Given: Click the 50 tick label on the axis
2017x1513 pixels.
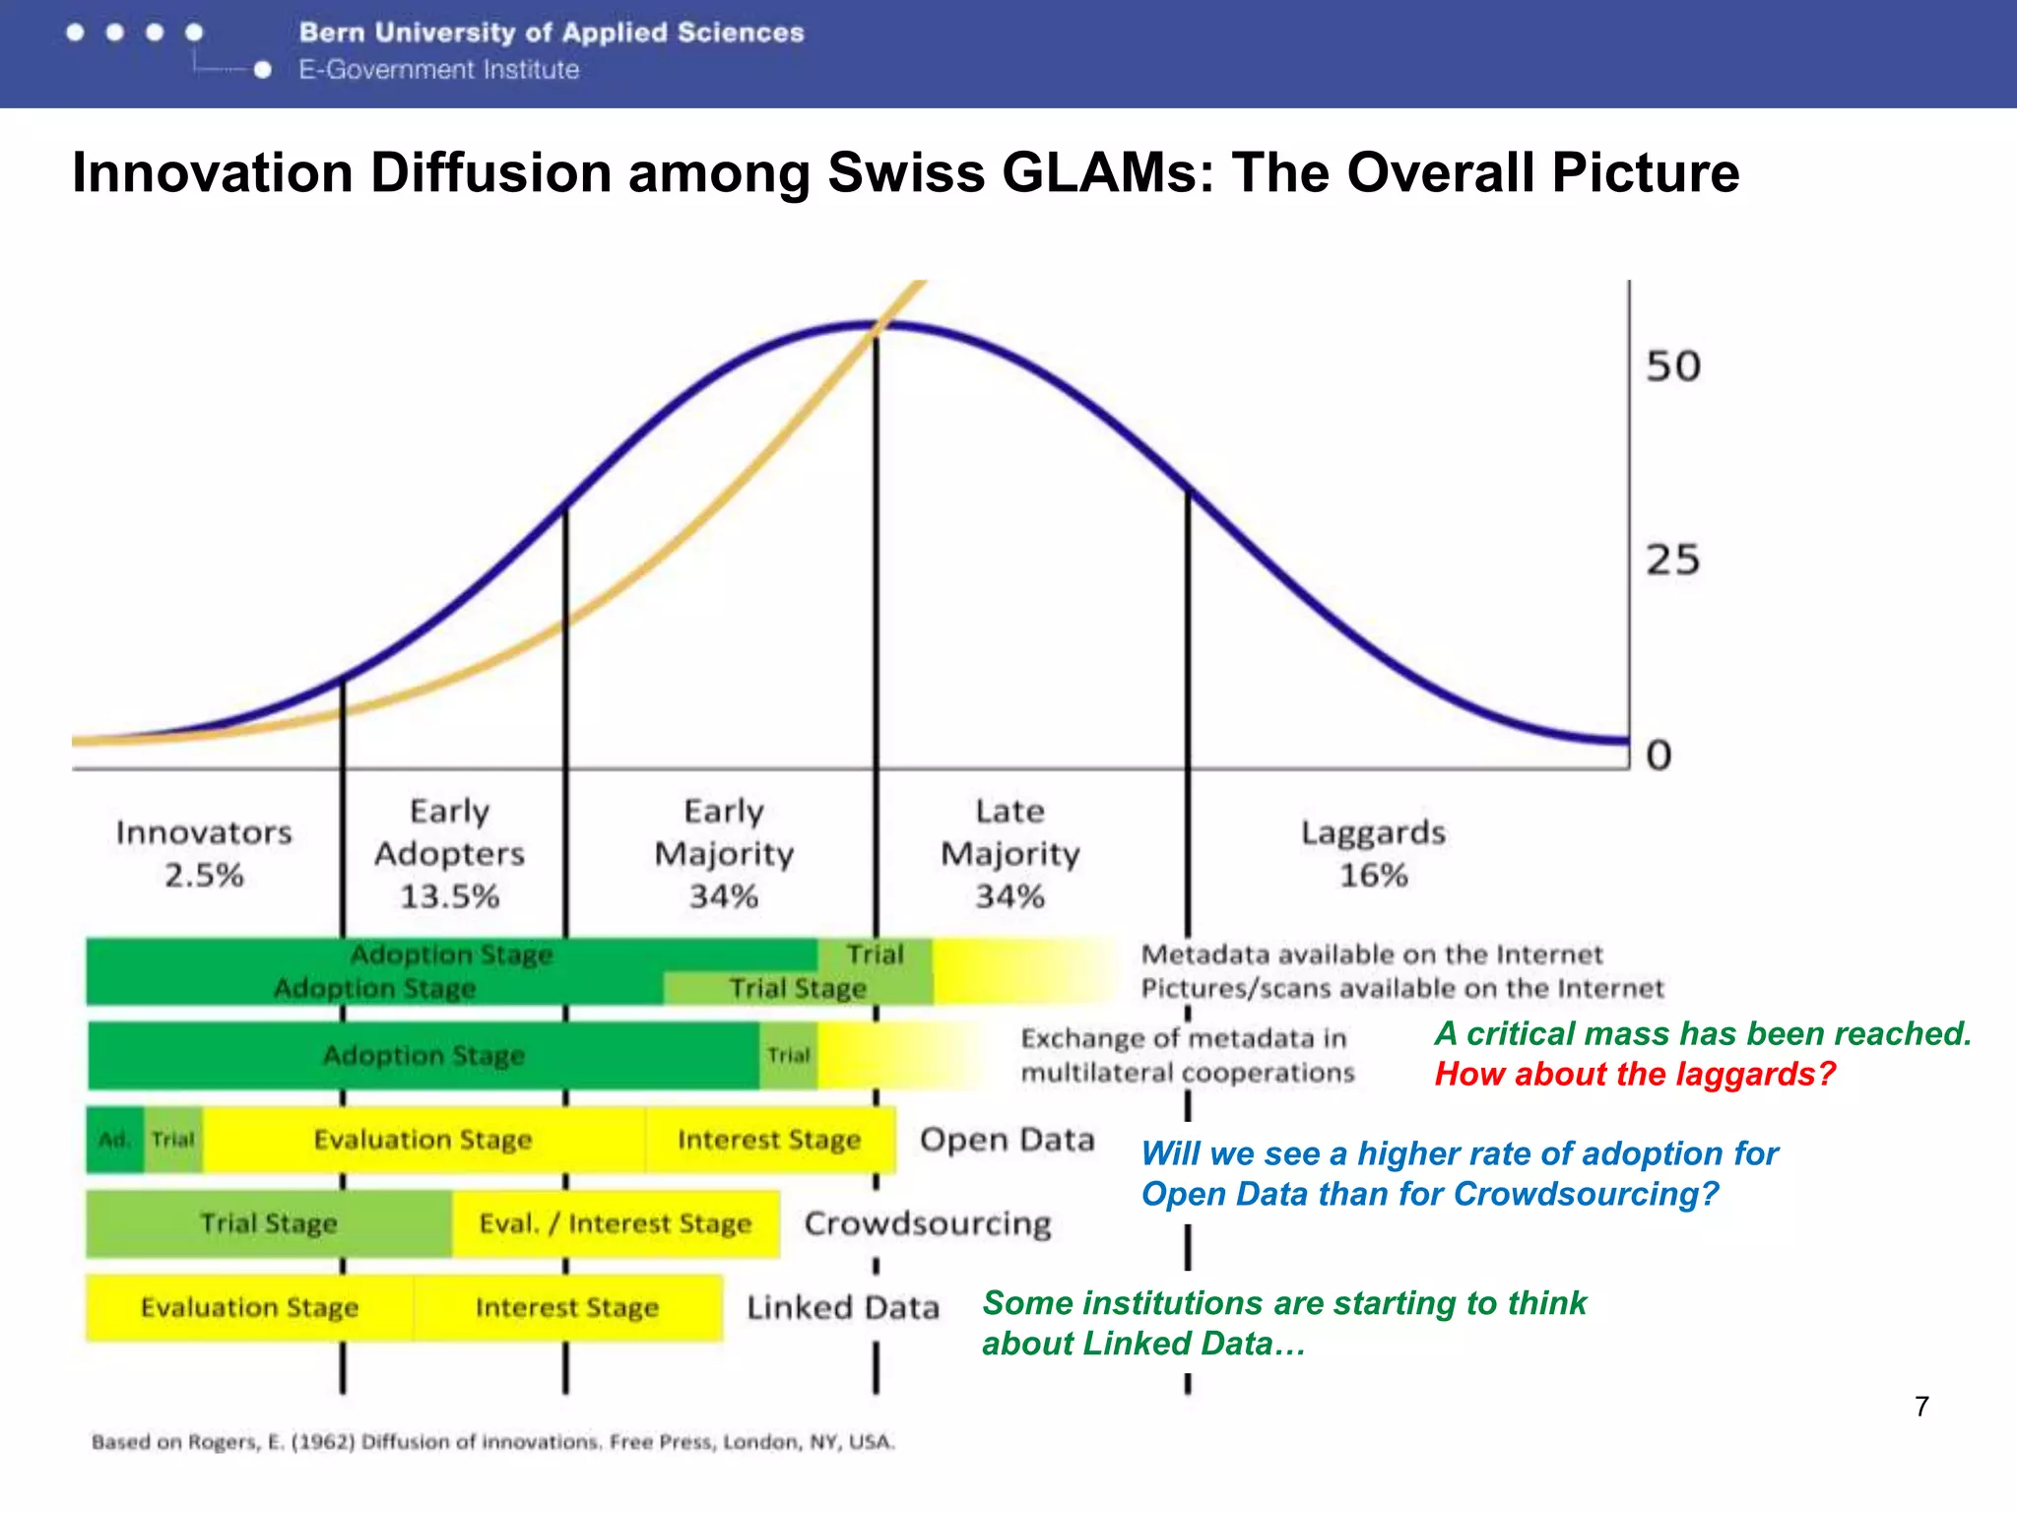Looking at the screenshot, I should coord(1672,365).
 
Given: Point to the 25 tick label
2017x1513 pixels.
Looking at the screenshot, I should coord(1672,559).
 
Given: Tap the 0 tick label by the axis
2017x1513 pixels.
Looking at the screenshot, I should coord(1659,755).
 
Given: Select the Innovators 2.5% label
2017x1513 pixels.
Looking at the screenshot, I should coord(204,853).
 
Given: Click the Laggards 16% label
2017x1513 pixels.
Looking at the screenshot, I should coord(1373,853).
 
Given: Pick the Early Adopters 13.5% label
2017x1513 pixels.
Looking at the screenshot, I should coord(449,853).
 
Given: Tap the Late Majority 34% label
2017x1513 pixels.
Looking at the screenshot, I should coord(1009,853).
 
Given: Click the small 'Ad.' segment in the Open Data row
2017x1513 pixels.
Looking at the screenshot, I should coord(114,1140).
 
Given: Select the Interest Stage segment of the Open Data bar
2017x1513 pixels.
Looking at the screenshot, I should coord(769,1140).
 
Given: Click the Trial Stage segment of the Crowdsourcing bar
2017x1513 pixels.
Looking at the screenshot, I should coord(268,1223).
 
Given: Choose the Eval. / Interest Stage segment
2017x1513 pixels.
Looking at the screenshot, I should coord(616,1223).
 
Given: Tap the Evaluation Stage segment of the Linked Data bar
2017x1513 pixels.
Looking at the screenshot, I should coord(249,1307).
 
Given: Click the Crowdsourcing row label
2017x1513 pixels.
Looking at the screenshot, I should coord(928,1223).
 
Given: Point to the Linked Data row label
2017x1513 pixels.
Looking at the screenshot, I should coord(843,1307).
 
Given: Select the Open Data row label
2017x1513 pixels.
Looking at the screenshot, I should coord(1007,1140).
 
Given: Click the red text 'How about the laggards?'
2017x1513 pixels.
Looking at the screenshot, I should coord(1635,1074).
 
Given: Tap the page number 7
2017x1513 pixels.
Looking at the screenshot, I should coord(1921,1406).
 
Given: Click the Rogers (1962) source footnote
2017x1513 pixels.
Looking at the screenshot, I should coord(492,1442).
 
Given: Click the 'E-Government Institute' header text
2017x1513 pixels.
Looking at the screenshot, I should coord(439,70).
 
